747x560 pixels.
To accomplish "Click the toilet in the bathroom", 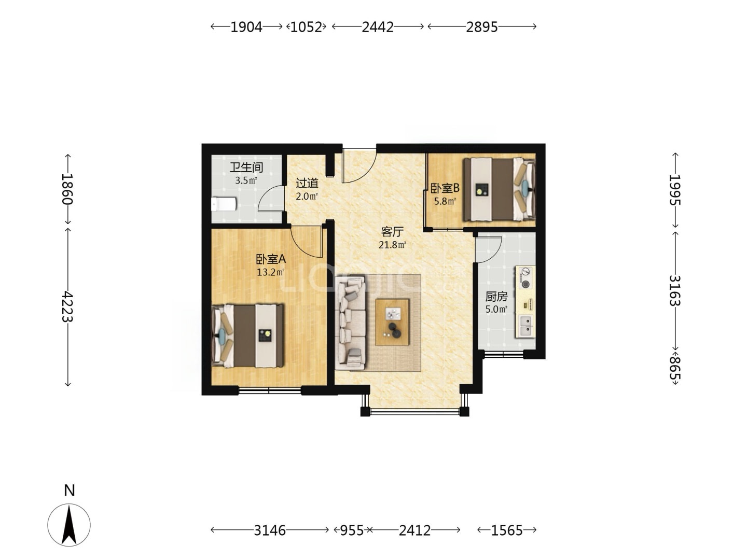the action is point(224,204).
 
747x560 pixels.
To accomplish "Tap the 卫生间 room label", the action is point(246,167).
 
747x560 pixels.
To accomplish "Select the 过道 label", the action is point(307,183).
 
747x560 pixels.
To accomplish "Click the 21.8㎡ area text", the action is point(393,244).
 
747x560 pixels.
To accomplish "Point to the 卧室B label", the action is point(445,188).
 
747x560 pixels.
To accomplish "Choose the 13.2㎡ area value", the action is point(271,272).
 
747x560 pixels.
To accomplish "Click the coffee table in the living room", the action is point(392,322).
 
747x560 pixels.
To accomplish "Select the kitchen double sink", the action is point(526,326).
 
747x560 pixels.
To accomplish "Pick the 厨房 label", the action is point(496,297).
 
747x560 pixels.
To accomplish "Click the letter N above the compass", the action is point(70,491).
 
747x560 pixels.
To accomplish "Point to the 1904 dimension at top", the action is point(246,27).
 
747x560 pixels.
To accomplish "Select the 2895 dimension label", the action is point(481,27).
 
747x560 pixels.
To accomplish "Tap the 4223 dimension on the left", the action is point(68,306).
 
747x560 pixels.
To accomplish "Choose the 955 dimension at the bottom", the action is point(352,530).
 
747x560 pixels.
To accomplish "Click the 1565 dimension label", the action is point(506,530).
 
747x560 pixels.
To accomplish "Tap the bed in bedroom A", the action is point(247,335).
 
